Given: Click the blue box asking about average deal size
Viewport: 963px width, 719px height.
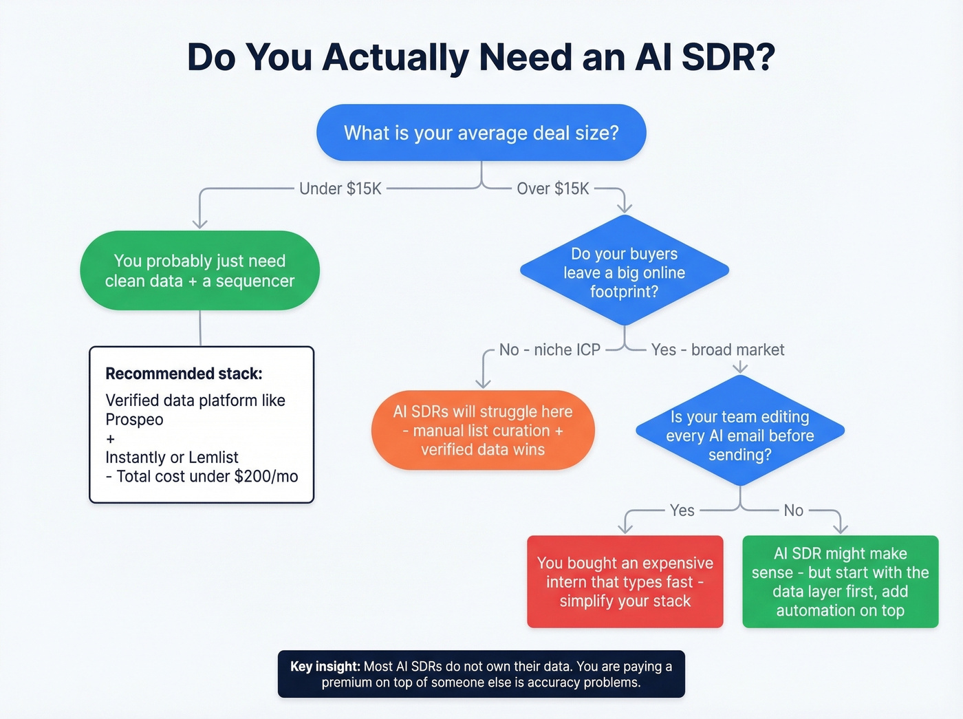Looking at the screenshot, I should [x=481, y=133].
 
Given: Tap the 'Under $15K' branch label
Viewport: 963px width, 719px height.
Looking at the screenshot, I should [x=340, y=189].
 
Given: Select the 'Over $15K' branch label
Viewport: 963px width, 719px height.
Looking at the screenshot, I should [x=553, y=189].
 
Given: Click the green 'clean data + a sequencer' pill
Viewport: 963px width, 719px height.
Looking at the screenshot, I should [x=199, y=270].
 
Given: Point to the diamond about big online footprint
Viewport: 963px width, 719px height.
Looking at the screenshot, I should [x=624, y=272].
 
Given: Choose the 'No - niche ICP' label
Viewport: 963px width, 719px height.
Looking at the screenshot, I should [x=550, y=350].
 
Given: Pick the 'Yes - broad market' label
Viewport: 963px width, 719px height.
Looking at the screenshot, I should [x=717, y=350].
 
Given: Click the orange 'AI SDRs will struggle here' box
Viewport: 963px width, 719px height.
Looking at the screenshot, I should [x=483, y=431].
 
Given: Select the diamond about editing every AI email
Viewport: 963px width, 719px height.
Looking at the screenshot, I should [x=739, y=436].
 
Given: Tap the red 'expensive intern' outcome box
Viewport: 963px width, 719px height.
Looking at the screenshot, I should [x=625, y=582].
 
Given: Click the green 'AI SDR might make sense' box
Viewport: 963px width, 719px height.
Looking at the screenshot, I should [x=840, y=582].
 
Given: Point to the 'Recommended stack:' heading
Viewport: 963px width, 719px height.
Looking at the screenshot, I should [x=184, y=374].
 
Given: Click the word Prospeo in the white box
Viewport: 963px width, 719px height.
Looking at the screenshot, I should [x=135, y=420].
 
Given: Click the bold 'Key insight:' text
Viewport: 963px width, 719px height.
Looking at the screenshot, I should [x=325, y=666].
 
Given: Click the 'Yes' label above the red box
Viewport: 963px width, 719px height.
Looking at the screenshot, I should [x=682, y=511].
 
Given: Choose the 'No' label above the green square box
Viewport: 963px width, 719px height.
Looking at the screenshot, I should [x=793, y=511].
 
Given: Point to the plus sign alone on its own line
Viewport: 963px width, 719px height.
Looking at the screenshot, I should [x=111, y=439].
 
